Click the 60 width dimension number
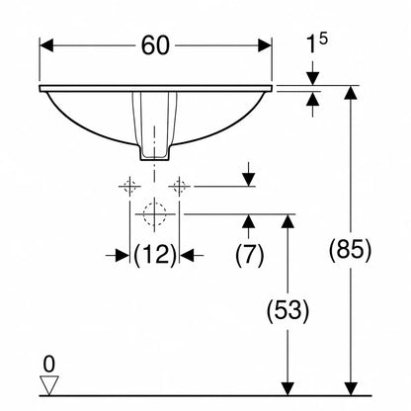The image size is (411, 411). (x=155, y=45)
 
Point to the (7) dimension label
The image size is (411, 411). (x=250, y=255)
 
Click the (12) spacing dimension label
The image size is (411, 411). (x=155, y=255)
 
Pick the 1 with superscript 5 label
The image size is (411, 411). (x=316, y=43)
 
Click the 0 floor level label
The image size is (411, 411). (x=49, y=365)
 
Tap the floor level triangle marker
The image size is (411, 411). (x=49, y=384)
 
